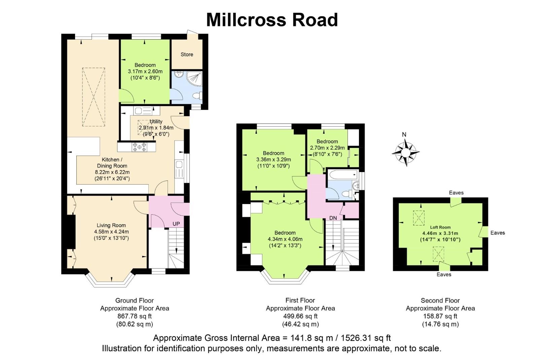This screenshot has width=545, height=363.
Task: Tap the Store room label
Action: point(187,54)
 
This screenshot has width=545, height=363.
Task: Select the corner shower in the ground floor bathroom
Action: point(194,79)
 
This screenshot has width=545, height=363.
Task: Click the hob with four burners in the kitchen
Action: point(139,147)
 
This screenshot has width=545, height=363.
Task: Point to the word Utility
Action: point(156,121)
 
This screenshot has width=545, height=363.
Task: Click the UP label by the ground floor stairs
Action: point(176,224)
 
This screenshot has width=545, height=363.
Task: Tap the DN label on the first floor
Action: point(333,218)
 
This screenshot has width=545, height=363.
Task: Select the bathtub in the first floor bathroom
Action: point(343,174)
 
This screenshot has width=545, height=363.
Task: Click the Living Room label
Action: point(111,226)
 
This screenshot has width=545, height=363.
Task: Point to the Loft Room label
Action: point(440,227)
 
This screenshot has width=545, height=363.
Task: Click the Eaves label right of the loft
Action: point(498,233)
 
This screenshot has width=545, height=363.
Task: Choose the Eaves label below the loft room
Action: point(444,275)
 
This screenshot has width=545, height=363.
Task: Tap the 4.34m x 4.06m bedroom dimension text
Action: point(285,239)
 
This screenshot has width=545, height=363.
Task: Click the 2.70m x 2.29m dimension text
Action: point(327,148)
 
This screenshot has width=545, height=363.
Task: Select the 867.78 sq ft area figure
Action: point(135,316)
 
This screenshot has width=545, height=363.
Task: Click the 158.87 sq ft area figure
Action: point(440,316)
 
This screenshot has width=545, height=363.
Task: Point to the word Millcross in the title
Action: point(246,20)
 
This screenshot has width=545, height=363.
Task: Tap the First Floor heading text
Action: point(300,300)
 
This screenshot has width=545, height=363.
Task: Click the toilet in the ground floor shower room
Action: point(197,96)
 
